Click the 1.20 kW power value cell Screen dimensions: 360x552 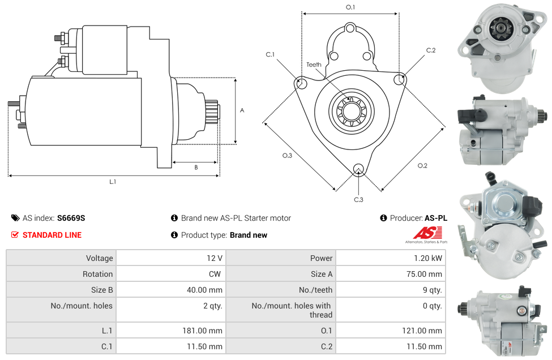point(429,258)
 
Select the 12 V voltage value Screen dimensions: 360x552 point(214,258)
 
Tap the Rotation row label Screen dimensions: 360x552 point(97,274)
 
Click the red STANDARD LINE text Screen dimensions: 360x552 point(52,235)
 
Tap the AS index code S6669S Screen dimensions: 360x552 point(71,218)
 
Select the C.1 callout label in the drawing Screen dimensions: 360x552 point(270,54)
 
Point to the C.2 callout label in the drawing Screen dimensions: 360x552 point(431,50)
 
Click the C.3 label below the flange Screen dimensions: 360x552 point(358,199)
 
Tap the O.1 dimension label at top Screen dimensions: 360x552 point(350,7)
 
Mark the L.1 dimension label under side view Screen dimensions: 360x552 point(113,182)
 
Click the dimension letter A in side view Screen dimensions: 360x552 point(242,110)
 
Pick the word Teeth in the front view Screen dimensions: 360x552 point(314,65)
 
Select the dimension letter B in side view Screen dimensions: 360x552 point(196,167)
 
